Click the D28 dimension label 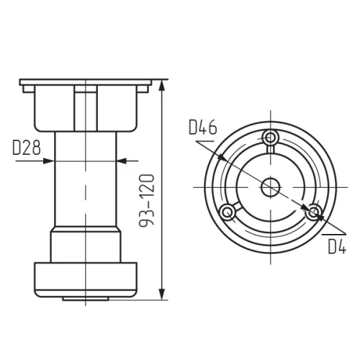27,148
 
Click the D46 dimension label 203,127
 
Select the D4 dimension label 337,246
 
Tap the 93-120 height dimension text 146,200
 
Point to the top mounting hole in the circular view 271,138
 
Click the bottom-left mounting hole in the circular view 228,212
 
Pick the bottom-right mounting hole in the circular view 313,212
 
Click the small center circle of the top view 271,187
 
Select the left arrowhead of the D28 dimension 48,161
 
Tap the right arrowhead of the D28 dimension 122,161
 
